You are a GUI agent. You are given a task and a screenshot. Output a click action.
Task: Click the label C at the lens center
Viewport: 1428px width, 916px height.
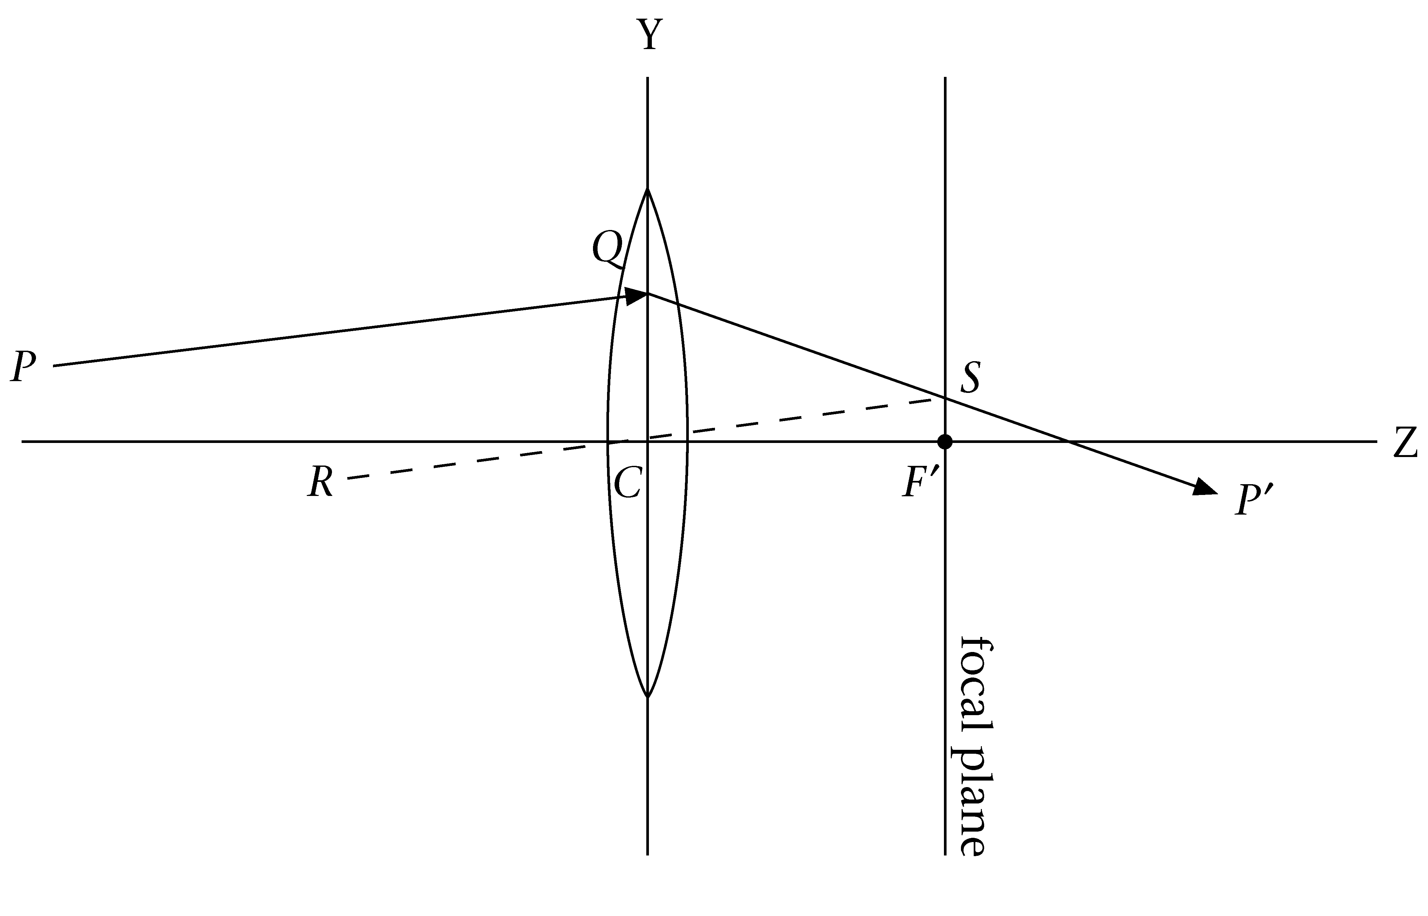pyautogui.click(x=627, y=483)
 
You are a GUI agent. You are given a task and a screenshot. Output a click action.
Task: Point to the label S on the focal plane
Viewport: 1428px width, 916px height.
pyautogui.click(x=970, y=378)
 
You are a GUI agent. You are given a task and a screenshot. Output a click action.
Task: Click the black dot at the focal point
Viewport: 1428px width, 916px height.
pyautogui.click(x=945, y=442)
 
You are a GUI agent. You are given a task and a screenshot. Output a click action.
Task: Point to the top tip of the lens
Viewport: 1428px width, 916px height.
pyautogui.click(x=647, y=189)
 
